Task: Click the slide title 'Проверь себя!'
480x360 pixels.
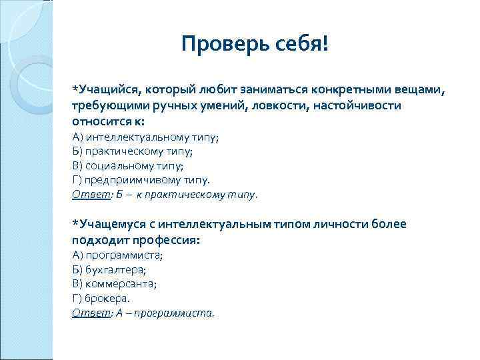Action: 255,45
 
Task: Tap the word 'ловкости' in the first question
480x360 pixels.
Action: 280,106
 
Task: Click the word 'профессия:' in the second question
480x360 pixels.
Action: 167,240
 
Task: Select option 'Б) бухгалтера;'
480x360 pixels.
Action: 109,269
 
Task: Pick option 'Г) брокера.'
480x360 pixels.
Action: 101,299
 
